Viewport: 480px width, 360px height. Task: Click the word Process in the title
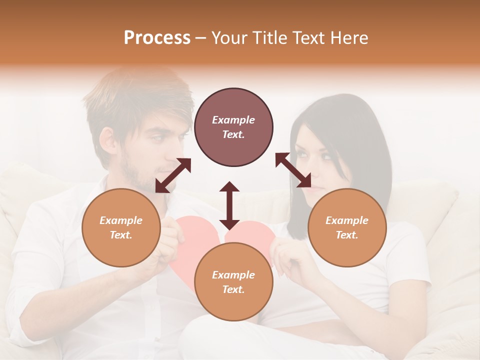point(157,38)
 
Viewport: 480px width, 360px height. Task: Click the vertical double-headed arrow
point(229,205)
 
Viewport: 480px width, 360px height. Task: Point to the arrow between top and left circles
point(173,175)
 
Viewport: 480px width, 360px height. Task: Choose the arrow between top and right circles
point(293,170)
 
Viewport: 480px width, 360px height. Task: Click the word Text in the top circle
point(233,134)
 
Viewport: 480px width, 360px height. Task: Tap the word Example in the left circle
point(121,220)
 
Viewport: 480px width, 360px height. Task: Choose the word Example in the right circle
point(347,220)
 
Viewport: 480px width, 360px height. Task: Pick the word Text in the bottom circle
point(233,289)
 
